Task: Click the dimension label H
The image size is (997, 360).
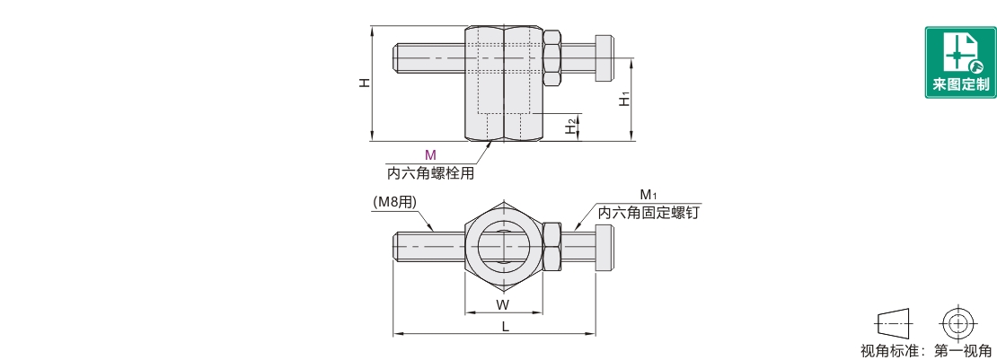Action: (x=364, y=83)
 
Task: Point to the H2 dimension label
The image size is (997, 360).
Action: (x=569, y=127)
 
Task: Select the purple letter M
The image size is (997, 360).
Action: (x=430, y=155)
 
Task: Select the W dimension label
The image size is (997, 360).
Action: (x=503, y=303)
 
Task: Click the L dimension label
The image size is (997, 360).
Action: (x=505, y=327)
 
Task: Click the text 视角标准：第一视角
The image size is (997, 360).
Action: (x=926, y=351)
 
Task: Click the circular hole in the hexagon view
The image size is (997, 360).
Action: (x=503, y=246)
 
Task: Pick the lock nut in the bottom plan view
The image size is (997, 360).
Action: (x=552, y=247)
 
